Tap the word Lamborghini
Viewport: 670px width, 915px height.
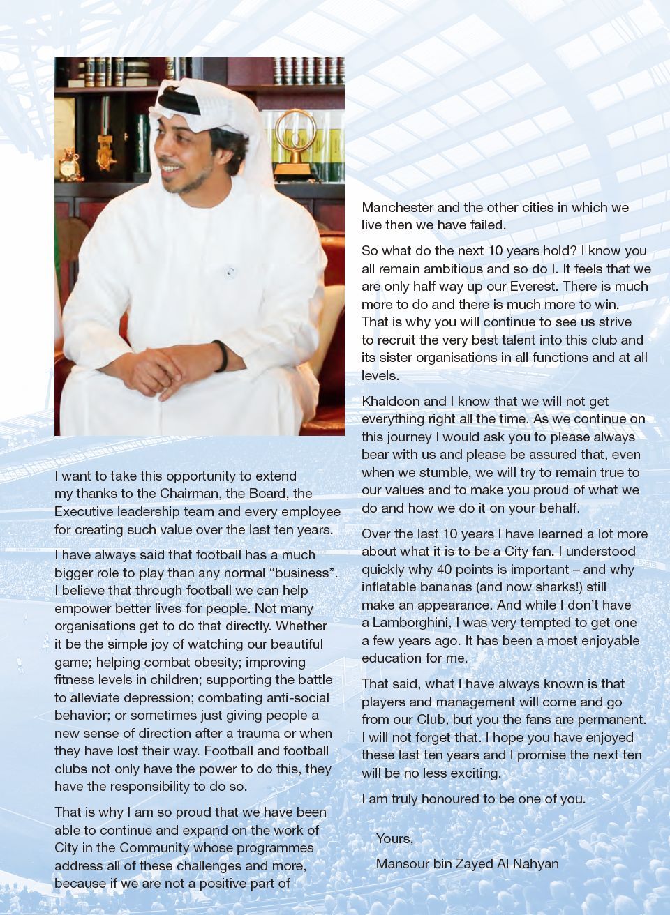pyautogui.click(x=412, y=623)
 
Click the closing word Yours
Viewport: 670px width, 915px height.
pyautogui.click(x=394, y=838)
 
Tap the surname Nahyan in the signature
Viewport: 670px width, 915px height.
pyautogui.click(x=537, y=863)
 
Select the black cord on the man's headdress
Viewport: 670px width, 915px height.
pyautogui.click(x=180, y=104)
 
